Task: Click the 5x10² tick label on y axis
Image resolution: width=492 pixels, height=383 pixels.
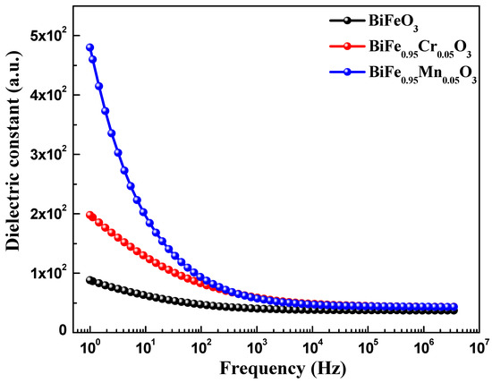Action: [47, 36]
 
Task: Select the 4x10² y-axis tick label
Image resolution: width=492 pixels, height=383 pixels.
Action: [47, 95]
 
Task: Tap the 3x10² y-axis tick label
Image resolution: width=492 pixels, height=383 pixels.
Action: [47, 154]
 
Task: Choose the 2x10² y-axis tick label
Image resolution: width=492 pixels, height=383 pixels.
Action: [47, 213]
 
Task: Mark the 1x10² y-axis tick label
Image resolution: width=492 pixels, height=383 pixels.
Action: [47, 272]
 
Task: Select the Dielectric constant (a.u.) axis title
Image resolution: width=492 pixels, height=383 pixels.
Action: [15, 171]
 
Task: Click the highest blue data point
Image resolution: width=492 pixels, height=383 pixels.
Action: [89, 47]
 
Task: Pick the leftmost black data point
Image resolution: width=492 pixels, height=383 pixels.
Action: [89, 280]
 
